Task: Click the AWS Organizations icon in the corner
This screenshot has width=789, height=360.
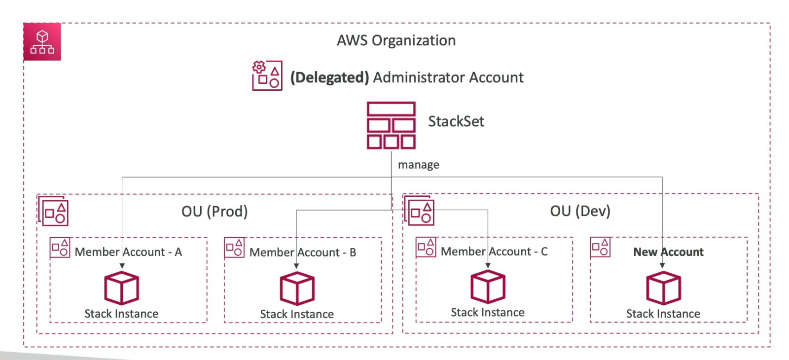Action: click(42, 42)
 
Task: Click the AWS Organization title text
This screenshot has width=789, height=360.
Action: click(396, 40)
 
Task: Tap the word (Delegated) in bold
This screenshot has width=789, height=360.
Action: click(329, 77)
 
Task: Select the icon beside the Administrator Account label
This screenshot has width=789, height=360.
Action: click(267, 75)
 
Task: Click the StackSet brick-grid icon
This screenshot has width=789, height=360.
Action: click(391, 125)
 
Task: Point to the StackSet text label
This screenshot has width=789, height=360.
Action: click(456, 121)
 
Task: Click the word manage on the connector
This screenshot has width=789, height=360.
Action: click(418, 165)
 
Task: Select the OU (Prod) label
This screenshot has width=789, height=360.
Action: click(215, 212)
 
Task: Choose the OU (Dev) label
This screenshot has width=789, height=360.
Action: click(580, 211)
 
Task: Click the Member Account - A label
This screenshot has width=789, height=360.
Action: click(128, 252)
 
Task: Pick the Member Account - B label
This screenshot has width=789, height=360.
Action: click(303, 252)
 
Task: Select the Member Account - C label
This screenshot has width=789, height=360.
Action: click(494, 252)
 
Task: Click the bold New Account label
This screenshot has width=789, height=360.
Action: click(668, 252)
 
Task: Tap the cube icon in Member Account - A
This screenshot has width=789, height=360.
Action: click(121, 288)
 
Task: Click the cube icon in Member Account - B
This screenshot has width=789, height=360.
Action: click(297, 289)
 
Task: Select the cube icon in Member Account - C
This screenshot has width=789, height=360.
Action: click(488, 288)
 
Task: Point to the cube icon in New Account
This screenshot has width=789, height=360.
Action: click(663, 288)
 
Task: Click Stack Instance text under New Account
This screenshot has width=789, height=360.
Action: click(663, 314)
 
